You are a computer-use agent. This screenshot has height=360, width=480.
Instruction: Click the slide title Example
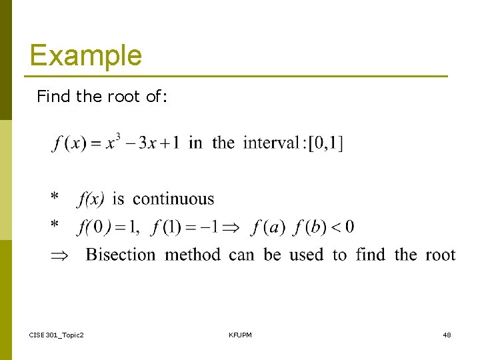[85, 55]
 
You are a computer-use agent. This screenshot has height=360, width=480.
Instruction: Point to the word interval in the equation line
[271, 143]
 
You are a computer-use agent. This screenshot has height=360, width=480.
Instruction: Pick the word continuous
[173, 199]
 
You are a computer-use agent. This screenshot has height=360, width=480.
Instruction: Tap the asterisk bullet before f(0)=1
[55, 227]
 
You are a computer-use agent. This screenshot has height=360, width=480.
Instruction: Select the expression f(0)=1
[108, 227]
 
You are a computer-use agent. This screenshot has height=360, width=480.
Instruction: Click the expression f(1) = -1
[185, 227]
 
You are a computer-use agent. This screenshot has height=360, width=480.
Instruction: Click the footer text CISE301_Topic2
[57, 334]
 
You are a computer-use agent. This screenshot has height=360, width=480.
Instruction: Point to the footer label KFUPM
[240, 334]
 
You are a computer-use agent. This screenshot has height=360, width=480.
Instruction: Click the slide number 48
[447, 334]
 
